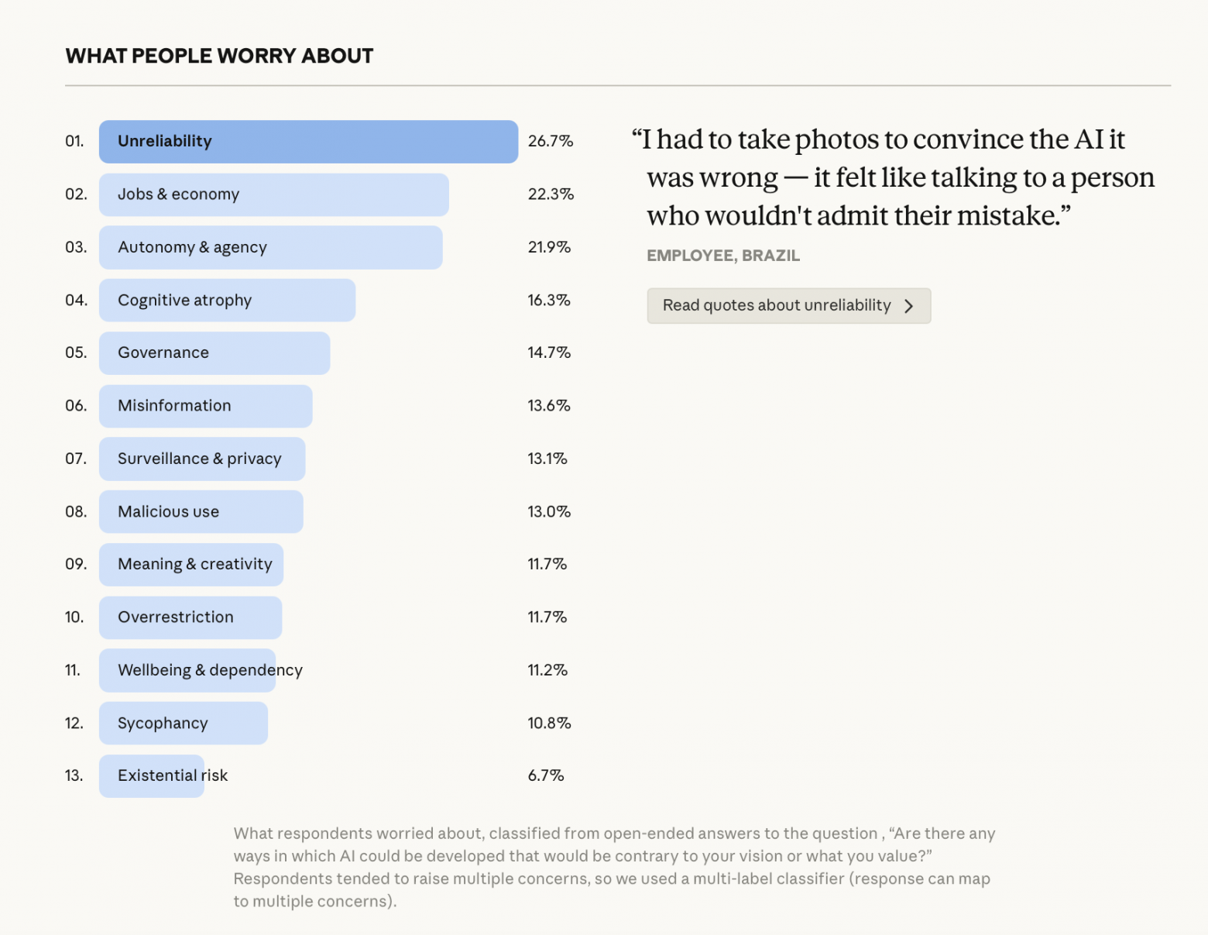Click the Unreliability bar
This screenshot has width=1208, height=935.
coord(308,142)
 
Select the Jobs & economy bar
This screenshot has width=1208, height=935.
coord(273,195)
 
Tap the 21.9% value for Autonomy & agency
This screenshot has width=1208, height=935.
coord(549,247)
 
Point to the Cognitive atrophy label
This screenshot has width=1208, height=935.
coord(184,301)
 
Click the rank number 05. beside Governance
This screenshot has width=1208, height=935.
coord(76,352)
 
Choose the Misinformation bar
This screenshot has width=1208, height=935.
coord(205,406)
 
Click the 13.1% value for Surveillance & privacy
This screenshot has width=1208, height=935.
coord(547,459)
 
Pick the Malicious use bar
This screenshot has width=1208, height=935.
coord(201,512)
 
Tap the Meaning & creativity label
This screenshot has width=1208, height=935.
coord(195,565)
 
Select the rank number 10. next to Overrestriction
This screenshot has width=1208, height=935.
coord(74,617)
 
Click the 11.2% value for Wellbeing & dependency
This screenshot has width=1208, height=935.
coord(547,670)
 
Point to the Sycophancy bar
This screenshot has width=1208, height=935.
coord(183,724)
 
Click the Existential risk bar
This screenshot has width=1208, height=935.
coord(151,776)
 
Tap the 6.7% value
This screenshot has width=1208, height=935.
coord(546,775)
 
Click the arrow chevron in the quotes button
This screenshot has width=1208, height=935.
coord(909,306)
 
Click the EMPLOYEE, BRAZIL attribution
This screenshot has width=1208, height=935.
coord(723,256)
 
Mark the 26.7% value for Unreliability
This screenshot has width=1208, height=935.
coord(551,141)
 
